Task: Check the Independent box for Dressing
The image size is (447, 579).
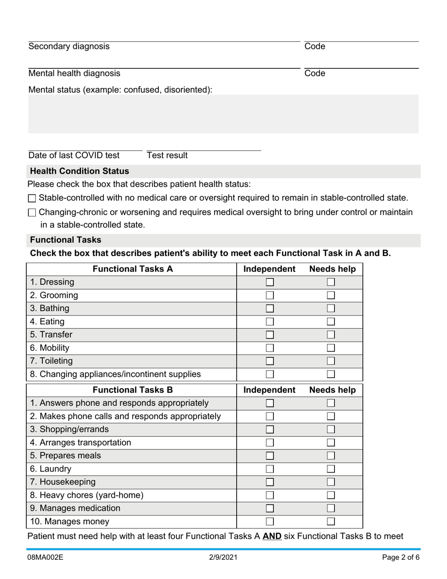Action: (270, 282)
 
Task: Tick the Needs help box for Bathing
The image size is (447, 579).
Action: (331, 309)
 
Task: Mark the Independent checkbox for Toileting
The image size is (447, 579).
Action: (270, 361)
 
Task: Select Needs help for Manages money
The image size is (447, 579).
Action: (331, 522)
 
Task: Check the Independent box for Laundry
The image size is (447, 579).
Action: (270, 469)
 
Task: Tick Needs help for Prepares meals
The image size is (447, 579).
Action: (331, 456)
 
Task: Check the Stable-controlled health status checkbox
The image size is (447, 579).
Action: (32, 199)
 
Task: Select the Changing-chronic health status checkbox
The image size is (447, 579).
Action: (32, 213)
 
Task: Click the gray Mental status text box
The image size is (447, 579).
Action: (223, 114)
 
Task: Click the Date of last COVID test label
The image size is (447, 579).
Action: (74, 155)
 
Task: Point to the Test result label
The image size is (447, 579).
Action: (167, 155)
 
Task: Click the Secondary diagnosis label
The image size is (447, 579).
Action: (69, 46)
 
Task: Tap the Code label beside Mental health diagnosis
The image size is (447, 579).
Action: (315, 73)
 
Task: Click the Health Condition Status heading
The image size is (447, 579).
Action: (80, 171)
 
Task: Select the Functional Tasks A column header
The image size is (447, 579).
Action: (133, 269)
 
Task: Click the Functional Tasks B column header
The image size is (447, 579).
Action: (133, 390)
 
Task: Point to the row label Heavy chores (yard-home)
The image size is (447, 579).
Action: (87, 495)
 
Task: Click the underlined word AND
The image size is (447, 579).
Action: (272, 536)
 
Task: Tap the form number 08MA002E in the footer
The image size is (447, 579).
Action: (46, 557)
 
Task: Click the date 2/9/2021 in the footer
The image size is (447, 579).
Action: (223, 557)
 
